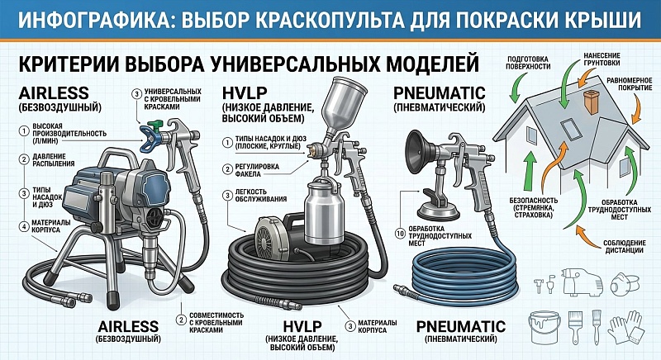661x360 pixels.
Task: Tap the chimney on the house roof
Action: tap(591, 102)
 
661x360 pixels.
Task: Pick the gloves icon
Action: tap(626, 327)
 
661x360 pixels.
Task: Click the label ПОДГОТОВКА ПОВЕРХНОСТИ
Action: tap(528, 63)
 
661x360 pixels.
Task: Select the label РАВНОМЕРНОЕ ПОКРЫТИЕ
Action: tap(630, 83)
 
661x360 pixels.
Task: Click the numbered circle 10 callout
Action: tap(401, 233)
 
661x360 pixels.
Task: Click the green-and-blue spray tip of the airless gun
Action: tap(151, 134)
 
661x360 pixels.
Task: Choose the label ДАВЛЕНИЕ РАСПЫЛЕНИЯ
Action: tap(54, 160)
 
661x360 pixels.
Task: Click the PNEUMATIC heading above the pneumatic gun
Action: tap(440, 93)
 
